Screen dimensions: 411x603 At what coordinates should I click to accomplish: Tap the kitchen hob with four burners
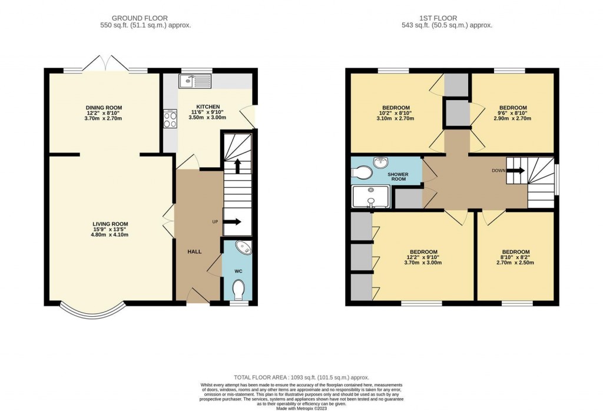point(170,120)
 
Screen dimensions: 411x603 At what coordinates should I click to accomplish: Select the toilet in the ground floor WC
point(238,289)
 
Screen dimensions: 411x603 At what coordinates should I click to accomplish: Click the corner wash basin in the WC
point(243,248)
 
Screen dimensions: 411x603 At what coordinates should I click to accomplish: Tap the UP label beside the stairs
point(216,222)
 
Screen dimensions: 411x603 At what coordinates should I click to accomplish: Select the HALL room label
point(194,252)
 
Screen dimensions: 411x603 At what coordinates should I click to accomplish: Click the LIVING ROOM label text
point(110,224)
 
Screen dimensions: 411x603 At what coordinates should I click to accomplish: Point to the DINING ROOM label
point(104,107)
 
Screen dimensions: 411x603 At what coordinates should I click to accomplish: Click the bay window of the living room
point(93,311)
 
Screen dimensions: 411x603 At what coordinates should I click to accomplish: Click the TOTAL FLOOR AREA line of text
point(301,377)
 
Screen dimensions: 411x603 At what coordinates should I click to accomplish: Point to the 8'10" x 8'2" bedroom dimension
point(515,257)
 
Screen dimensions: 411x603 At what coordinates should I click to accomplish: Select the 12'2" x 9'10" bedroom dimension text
point(423,257)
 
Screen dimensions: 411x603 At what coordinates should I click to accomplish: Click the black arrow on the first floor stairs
point(516,171)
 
